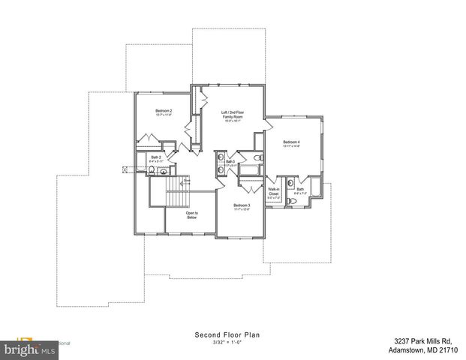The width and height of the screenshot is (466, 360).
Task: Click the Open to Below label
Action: [191, 215]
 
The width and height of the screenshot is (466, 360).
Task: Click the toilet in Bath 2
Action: [152, 171]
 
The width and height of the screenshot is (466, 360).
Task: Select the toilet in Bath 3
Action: [256, 159]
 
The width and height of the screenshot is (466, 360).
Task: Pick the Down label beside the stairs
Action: [187, 181]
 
